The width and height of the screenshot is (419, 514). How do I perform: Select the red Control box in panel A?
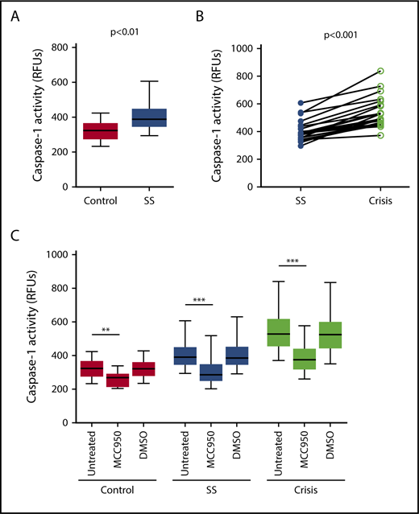coord(101,131)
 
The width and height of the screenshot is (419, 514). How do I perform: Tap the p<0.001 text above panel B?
coord(339,35)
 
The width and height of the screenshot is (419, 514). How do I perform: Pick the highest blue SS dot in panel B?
coord(301,103)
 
